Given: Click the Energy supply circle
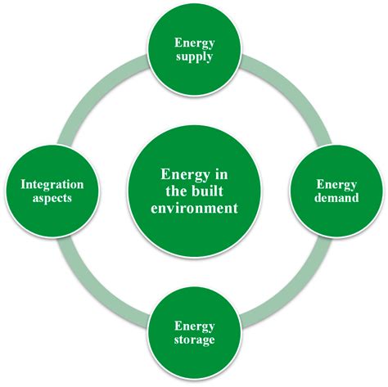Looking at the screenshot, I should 194,49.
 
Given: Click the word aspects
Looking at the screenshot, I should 49,198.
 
